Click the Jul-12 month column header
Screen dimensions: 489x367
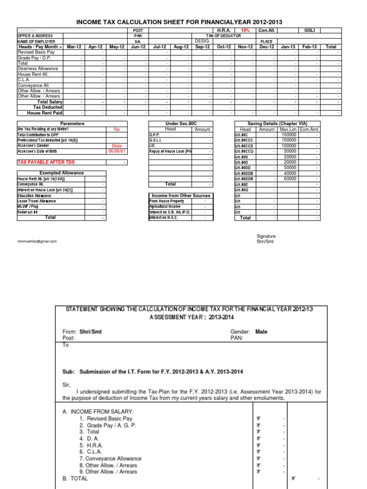point(159,47)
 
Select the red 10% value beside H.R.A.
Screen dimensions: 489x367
point(245,30)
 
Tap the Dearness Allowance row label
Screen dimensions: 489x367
point(38,68)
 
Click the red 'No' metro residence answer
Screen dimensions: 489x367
point(117,129)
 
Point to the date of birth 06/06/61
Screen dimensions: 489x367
point(117,151)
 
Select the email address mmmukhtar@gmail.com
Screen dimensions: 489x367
point(37,241)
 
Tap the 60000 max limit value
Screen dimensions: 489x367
point(290,179)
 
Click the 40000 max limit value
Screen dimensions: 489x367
point(290,173)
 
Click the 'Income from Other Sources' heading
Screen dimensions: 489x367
point(181,196)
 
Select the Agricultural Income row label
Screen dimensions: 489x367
point(165,206)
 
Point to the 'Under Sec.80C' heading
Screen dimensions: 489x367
point(181,124)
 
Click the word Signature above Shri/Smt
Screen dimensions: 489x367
point(266,236)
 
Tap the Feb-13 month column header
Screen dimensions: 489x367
point(310,47)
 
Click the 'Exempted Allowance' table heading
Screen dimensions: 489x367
point(61,173)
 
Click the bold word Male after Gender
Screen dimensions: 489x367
point(261,331)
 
